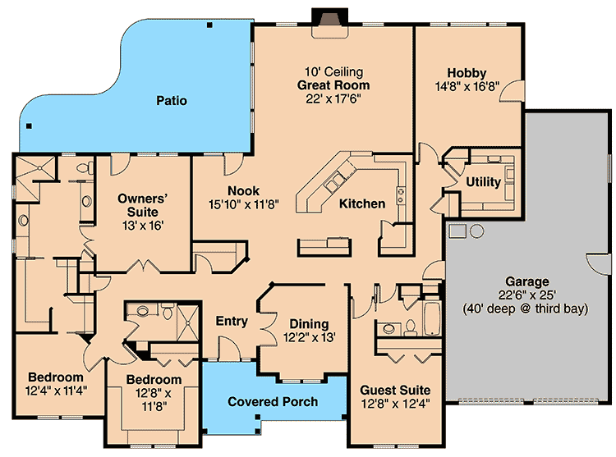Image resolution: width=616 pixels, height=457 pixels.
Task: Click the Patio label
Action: (172, 102)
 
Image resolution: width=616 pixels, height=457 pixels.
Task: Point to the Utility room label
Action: (483, 182)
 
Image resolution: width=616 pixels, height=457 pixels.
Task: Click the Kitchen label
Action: (362, 203)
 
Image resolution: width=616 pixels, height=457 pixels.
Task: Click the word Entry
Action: (232, 322)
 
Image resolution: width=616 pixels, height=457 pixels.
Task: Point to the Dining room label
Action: (309, 324)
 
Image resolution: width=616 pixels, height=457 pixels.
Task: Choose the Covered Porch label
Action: (272, 402)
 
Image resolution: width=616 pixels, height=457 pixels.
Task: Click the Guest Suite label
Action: (395, 390)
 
